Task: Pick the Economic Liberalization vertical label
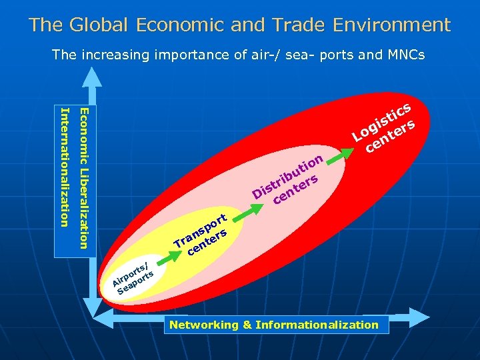82,177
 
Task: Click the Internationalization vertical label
65,167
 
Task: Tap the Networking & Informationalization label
274,325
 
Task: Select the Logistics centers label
385,125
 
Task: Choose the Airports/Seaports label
133,275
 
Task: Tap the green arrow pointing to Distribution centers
245,207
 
